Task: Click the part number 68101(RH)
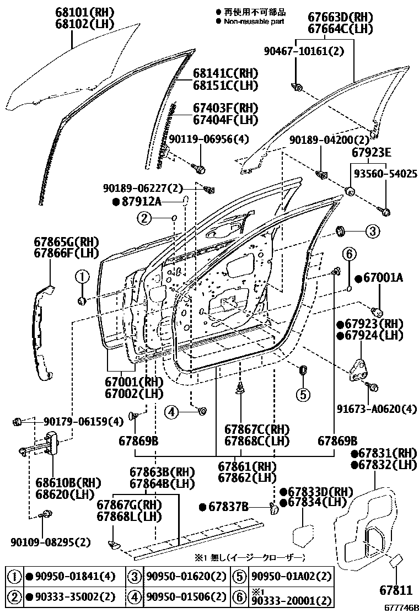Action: [83, 12]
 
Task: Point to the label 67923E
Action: [372, 153]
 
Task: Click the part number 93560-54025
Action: [385, 174]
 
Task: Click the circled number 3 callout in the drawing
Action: [372, 232]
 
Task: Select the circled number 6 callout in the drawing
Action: [348, 254]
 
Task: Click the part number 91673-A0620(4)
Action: [377, 408]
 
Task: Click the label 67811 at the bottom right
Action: [395, 590]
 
